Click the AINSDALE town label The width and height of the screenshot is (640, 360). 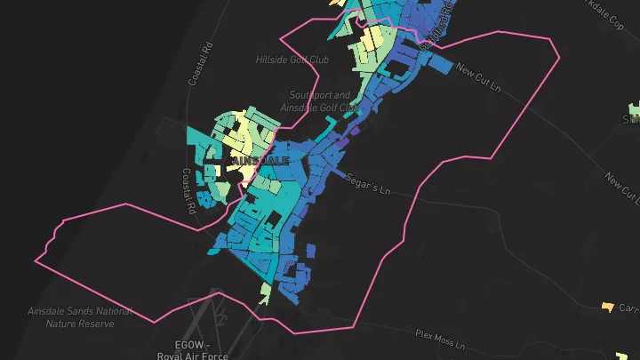click(x=260, y=161)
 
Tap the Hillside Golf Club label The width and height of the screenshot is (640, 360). click(x=292, y=60)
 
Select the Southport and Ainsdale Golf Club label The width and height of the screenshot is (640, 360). click(x=319, y=101)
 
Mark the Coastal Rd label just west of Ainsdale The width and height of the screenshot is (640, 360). click(x=189, y=192)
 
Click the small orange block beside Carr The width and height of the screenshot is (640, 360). click(x=608, y=308)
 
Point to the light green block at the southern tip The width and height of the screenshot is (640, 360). click(x=266, y=292)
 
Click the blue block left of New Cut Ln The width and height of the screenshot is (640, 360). click(x=440, y=62)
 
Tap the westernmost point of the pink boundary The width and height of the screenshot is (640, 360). click(x=36, y=261)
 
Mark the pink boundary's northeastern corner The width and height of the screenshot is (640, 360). click(x=560, y=56)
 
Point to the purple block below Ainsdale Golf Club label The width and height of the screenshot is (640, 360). click(x=354, y=131)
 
